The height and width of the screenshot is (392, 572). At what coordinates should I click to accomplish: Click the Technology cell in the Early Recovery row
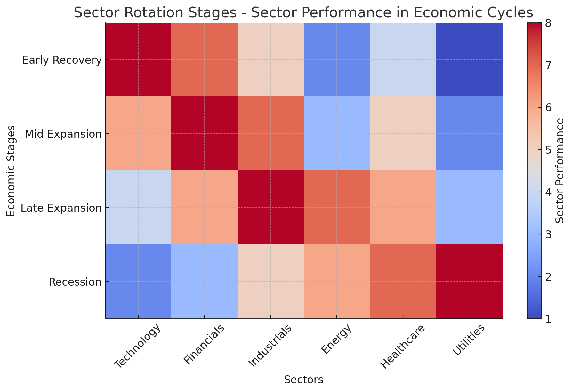click(138, 60)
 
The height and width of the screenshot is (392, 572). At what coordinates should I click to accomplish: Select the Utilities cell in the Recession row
click(469, 282)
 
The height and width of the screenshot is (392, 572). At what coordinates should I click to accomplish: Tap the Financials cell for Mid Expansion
click(204, 134)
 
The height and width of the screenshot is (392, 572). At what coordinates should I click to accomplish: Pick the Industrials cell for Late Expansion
click(270, 208)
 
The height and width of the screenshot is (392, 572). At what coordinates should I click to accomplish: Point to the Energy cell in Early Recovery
click(337, 60)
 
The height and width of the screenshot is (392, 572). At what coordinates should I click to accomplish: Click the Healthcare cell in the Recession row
click(403, 282)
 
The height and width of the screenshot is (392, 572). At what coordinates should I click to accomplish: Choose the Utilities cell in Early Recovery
click(469, 60)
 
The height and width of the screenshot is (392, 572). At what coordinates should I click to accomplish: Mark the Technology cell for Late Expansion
click(138, 208)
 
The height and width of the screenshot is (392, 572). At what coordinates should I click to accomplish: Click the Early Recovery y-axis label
click(62, 60)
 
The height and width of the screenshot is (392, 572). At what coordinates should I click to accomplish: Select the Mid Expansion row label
click(63, 134)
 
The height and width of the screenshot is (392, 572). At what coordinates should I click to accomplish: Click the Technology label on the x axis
click(137, 346)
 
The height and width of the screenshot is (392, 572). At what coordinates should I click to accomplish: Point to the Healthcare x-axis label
click(402, 346)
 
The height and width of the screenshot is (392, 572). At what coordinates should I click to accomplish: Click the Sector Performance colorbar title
click(560, 171)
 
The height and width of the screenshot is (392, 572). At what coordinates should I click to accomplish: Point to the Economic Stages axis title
click(11, 171)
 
